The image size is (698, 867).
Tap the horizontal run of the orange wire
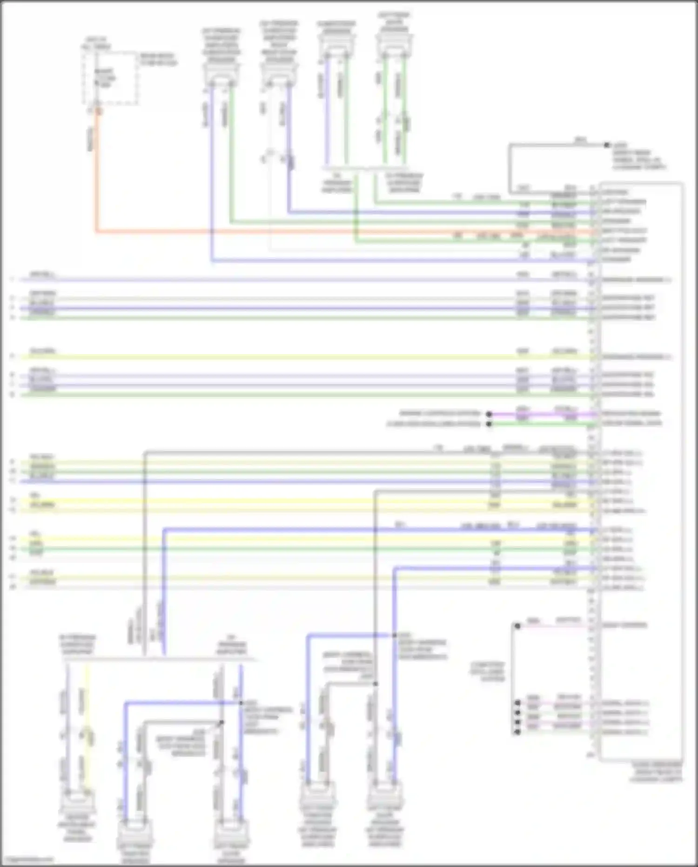(326, 231)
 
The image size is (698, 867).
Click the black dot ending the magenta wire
(489, 414)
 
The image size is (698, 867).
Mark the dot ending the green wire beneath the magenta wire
(489, 424)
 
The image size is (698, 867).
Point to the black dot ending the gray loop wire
(606, 145)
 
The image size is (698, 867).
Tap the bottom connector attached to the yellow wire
(78, 801)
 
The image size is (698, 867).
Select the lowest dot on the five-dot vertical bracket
(517, 732)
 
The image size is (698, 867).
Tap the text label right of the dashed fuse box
(158, 59)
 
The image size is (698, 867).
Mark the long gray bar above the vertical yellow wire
(158, 659)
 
